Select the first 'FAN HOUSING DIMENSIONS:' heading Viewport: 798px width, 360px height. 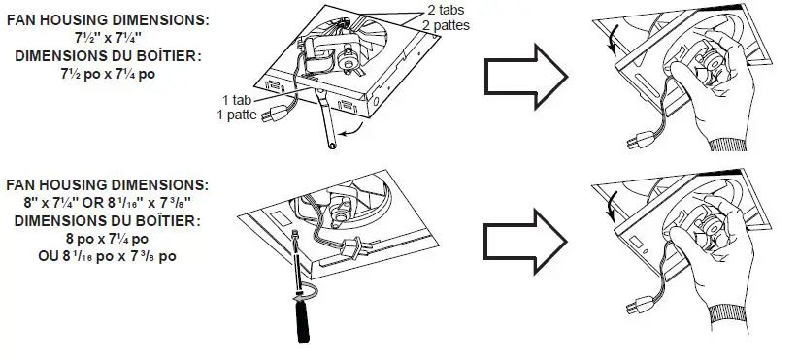[107, 18]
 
